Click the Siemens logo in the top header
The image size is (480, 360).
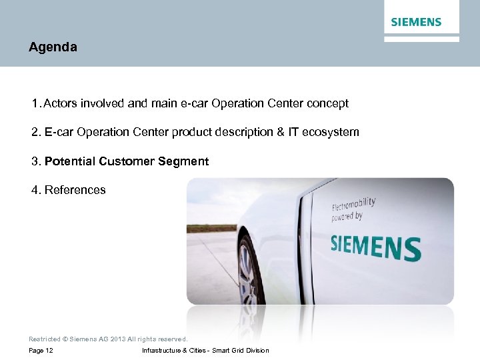click(416, 22)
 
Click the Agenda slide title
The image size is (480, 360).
click(53, 47)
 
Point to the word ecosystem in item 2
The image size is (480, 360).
click(331, 132)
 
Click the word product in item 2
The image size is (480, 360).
click(192, 132)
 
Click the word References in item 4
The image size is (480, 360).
click(75, 190)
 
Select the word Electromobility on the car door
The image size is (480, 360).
click(353, 203)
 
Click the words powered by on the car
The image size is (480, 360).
click(347, 217)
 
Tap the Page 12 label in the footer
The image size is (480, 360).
click(41, 351)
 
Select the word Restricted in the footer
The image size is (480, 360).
click(45, 339)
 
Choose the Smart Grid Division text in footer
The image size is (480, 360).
click(241, 351)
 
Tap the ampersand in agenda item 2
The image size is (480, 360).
click(280, 132)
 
